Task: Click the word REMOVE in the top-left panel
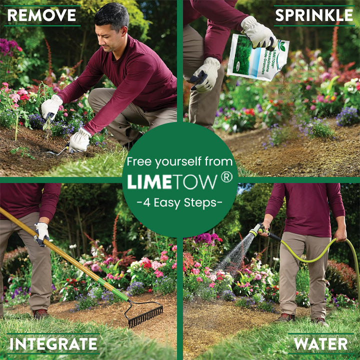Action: pos(41,15)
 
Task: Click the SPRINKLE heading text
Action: pos(314,15)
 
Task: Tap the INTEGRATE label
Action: pos(53,344)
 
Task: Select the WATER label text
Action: pos(321,344)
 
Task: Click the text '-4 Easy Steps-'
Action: pos(179,203)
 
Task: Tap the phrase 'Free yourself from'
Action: pos(179,161)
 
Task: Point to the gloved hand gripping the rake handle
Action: pos(41,233)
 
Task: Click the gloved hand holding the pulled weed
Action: pos(51,106)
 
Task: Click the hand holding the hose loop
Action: pos(341,234)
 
